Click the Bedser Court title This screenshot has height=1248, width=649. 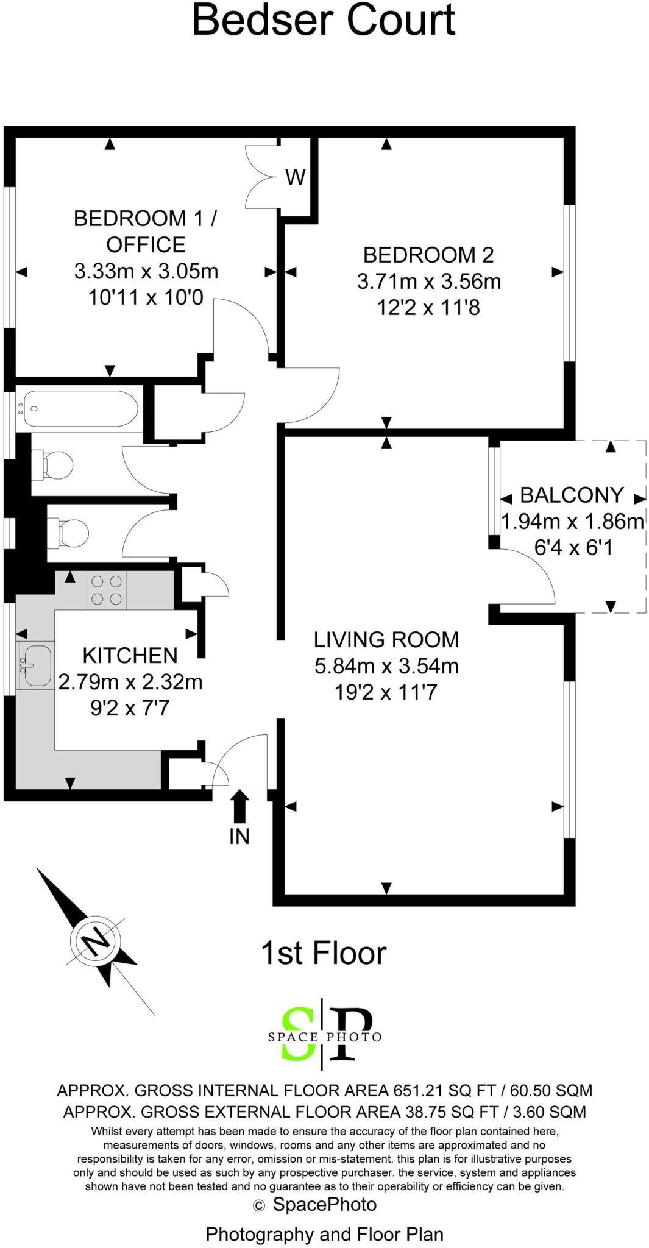(324, 19)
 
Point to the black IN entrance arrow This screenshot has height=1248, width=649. (239, 806)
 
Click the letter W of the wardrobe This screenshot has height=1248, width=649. (296, 177)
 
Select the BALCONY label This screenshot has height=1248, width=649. (572, 495)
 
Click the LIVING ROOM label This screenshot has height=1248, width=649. (386, 639)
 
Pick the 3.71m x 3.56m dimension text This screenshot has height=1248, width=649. (429, 282)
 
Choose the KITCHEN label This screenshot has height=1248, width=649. (130, 656)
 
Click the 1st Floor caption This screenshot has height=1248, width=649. (324, 954)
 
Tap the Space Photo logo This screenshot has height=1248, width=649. (325, 1037)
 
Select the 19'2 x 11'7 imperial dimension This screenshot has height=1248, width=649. (386, 692)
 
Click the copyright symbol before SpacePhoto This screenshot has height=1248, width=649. (260, 1205)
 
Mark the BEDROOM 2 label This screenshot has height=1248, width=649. (428, 254)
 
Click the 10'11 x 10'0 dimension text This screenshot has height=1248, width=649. (146, 297)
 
